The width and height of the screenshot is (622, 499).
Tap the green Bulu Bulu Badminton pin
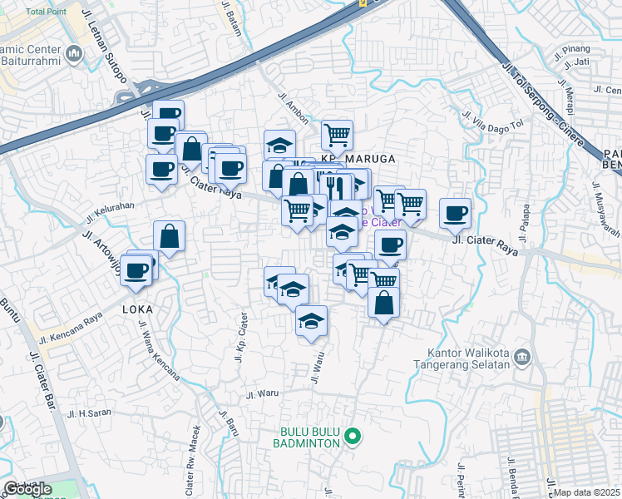(x=353, y=435)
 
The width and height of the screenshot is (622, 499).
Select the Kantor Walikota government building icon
(x=521, y=357)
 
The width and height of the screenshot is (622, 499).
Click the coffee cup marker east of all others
(x=455, y=213)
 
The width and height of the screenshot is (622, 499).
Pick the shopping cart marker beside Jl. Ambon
(x=337, y=134)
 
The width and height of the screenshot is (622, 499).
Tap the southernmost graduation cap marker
(x=311, y=320)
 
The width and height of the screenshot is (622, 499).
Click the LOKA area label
(x=137, y=309)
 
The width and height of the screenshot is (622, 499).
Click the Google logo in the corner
(x=27, y=489)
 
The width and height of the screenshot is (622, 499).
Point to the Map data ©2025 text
(x=587, y=492)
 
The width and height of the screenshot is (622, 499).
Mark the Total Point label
(x=47, y=12)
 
